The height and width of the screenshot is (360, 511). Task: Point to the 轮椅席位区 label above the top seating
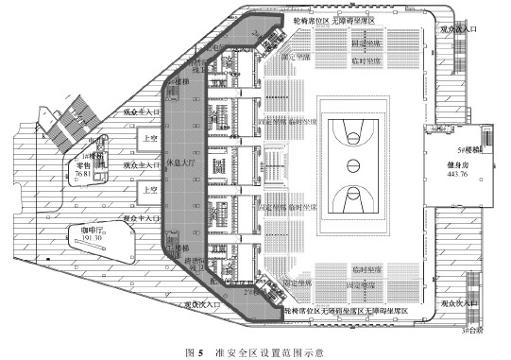(304, 20)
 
